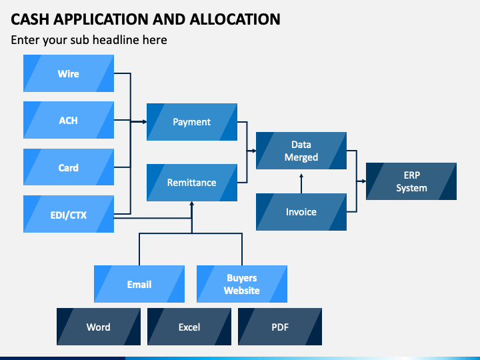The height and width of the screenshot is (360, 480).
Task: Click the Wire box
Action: (x=69, y=73)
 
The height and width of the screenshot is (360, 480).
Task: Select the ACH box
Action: (x=69, y=120)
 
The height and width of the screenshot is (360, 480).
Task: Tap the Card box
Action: (x=69, y=167)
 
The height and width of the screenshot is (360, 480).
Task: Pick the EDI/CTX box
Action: (x=69, y=214)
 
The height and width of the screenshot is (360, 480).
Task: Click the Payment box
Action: (x=192, y=122)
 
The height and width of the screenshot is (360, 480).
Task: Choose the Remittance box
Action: (x=192, y=183)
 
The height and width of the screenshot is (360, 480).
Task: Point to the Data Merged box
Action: (x=301, y=151)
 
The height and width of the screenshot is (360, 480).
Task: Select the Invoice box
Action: (x=301, y=212)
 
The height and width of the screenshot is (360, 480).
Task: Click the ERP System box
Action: (x=411, y=181)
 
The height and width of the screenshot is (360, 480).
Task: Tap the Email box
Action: (x=139, y=284)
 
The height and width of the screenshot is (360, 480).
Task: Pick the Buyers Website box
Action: (x=242, y=284)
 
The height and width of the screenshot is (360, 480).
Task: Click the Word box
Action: (x=99, y=327)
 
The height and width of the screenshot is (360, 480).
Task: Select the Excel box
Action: (x=189, y=327)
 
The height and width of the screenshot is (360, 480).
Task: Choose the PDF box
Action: (x=280, y=327)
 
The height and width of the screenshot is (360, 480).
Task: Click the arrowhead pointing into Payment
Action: (x=144, y=122)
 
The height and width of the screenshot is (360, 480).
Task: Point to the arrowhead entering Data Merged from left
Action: (x=253, y=151)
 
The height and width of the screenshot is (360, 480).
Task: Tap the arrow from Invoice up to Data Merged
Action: (x=301, y=183)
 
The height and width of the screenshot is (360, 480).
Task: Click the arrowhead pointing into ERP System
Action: (x=363, y=181)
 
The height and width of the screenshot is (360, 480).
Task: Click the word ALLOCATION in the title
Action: (x=235, y=19)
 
